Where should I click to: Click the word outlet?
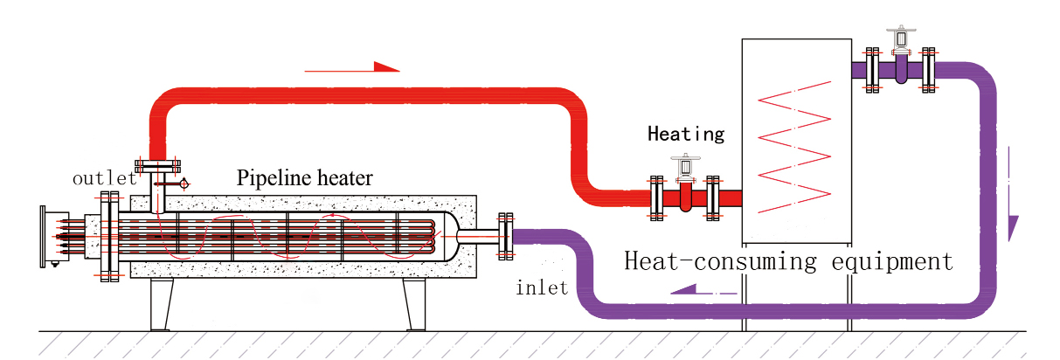click(x=104, y=178)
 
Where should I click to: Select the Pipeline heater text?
click(x=304, y=178)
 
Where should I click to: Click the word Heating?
click(x=686, y=135)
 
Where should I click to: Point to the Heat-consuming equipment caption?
click(x=787, y=260)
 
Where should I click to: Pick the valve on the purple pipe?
click(x=900, y=57)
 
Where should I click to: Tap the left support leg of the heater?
click(x=161, y=304)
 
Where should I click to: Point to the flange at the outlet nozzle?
click(x=157, y=165)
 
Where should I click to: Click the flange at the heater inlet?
click(x=504, y=236)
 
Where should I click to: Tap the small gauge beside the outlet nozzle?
click(x=184, y=183)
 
